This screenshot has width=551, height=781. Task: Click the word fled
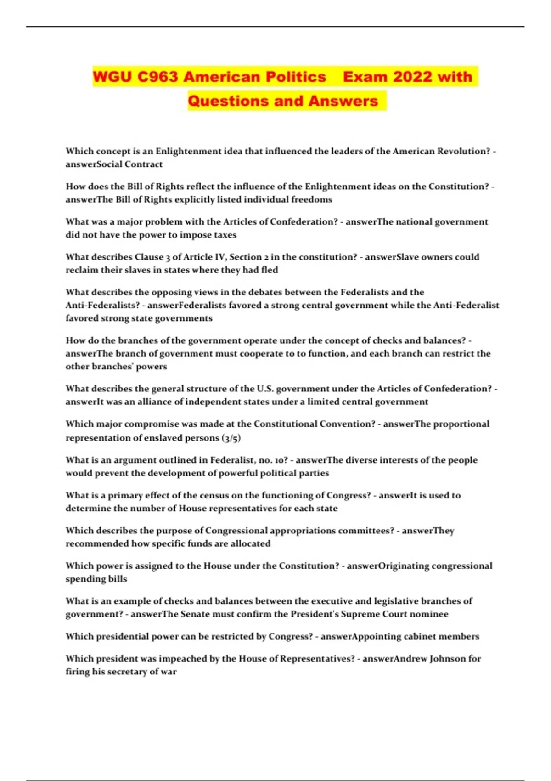[x=269, y=270]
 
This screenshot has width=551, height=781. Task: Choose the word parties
[x=314, y=473]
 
